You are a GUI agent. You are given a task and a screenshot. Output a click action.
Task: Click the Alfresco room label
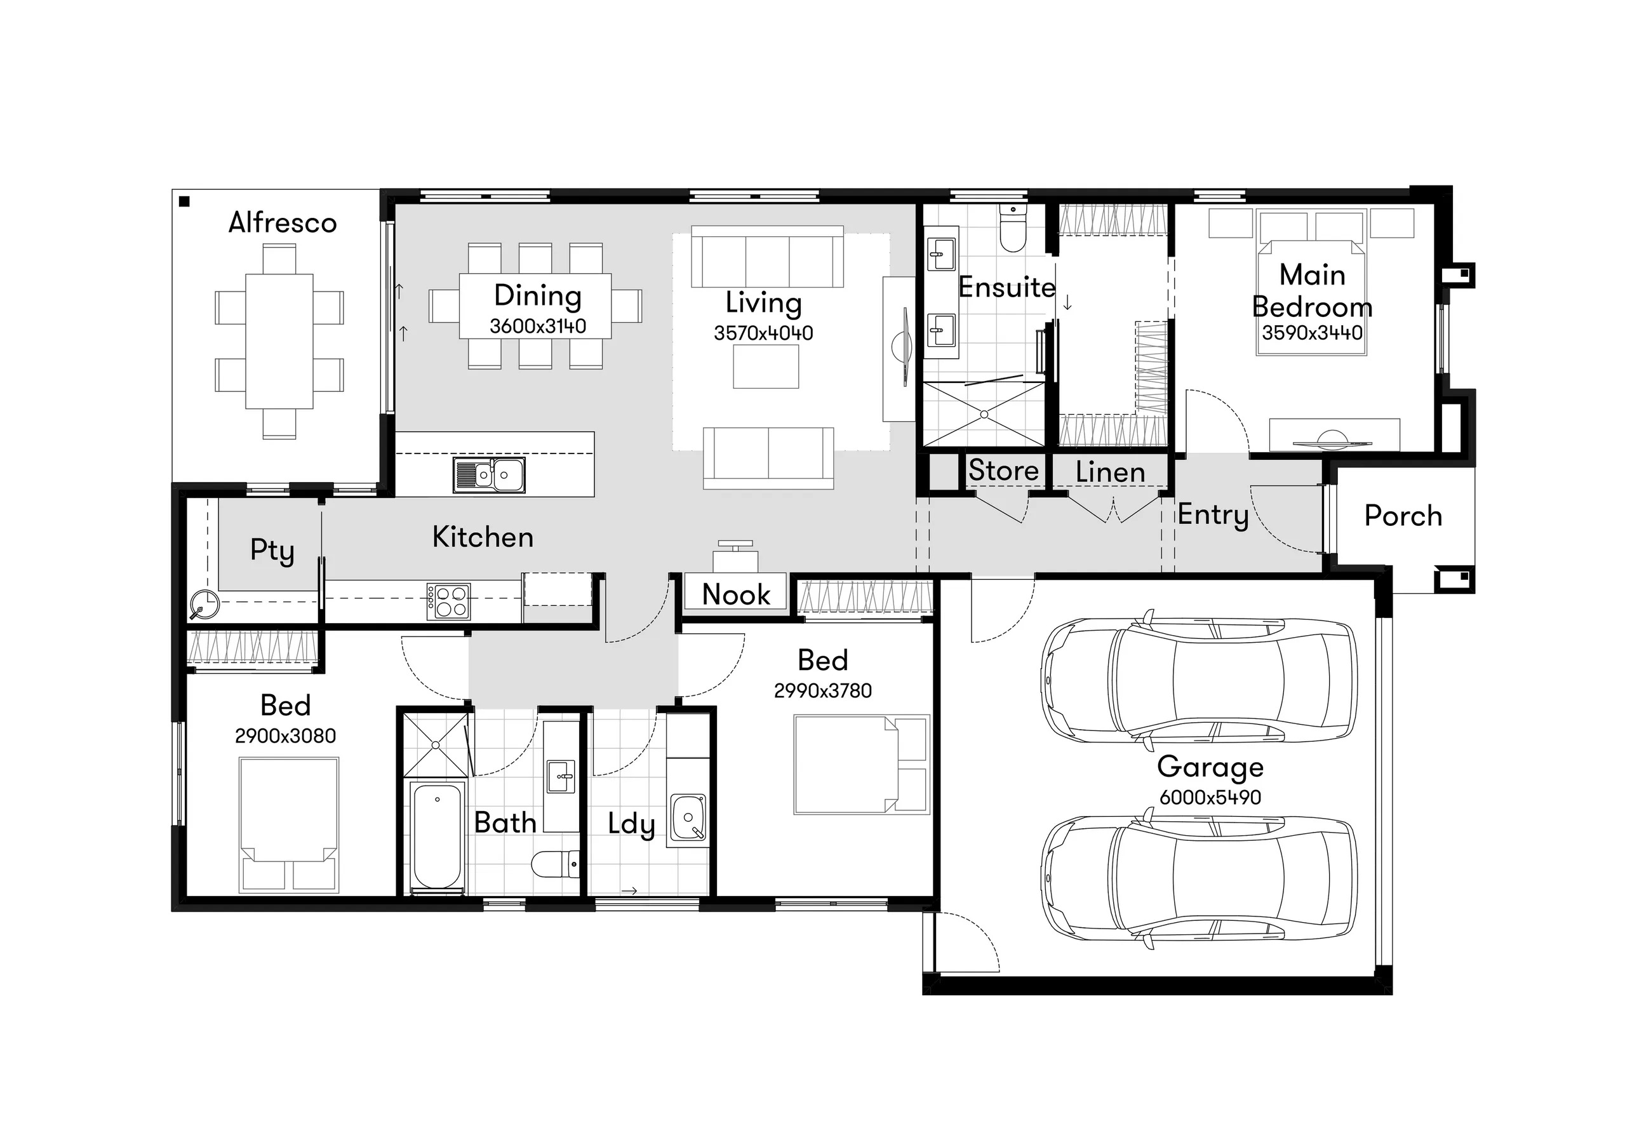283,223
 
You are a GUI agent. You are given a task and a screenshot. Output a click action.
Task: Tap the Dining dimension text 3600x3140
538,326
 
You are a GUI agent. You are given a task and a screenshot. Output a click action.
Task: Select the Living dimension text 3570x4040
764,333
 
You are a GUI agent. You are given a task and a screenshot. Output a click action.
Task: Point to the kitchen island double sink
489,475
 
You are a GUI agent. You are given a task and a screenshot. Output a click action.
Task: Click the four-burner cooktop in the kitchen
448,601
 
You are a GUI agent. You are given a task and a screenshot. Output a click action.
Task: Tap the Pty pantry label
272,551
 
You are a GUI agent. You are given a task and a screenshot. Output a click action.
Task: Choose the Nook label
736,594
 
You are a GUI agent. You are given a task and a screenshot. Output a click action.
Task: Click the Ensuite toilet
1013,228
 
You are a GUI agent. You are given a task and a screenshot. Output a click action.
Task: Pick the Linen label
1110,472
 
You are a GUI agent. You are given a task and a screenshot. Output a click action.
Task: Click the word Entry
1213,516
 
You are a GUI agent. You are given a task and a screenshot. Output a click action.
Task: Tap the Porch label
1403,516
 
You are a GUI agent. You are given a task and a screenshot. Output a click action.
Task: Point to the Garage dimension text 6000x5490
1210,797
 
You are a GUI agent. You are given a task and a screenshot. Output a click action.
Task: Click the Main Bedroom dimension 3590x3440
1312,333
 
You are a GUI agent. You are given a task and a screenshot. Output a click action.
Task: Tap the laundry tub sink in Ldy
688,817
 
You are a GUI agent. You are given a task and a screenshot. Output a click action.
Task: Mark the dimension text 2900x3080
285,736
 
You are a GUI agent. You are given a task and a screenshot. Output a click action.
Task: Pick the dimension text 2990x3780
822,690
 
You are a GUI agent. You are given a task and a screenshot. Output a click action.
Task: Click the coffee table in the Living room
766,366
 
